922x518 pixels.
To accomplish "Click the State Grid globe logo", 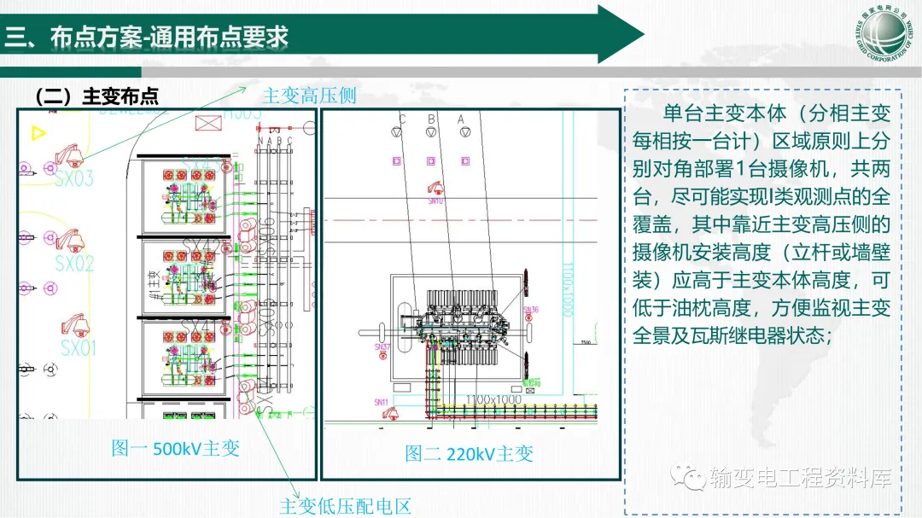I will tap(889, 33).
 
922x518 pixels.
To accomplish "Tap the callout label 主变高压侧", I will tap(308, 95).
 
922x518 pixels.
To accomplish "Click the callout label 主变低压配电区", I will tap(345, 505).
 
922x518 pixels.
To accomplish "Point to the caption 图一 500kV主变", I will tap(175, 448).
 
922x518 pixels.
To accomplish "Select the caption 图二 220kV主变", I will tap(469, 453).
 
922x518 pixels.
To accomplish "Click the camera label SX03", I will tap(74, 179).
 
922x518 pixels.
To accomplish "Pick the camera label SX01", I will tap(79, 347).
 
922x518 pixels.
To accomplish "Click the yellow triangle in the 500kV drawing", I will tap(37, 133).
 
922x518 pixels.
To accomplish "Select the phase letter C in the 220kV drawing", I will tap(402, 119).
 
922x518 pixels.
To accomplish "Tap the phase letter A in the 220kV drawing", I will tap(461, 119).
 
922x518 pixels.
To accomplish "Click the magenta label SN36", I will tap(530, 310).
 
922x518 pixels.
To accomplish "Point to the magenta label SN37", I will tap(382, 346).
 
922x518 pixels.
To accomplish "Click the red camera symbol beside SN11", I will tap(392, 413).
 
